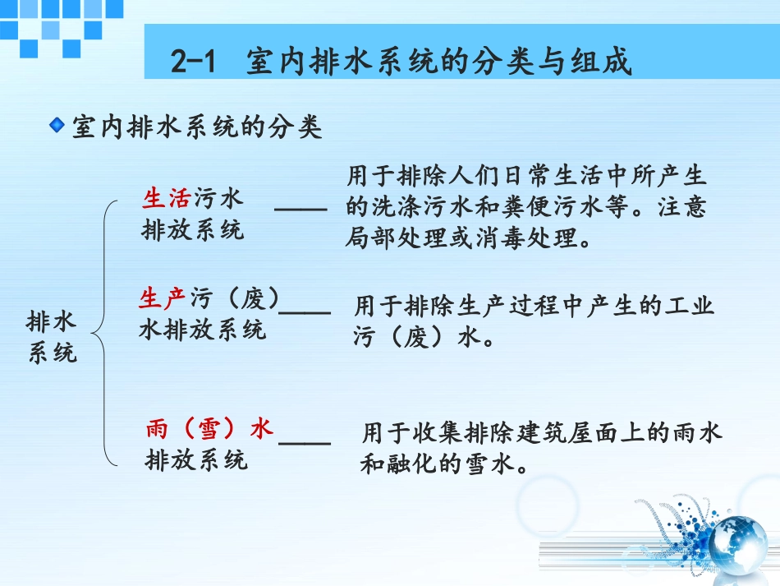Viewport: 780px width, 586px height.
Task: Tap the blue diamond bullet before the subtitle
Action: point(57,126)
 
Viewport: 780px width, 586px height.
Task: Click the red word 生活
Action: point(167,199)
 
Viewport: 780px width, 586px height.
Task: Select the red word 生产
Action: point(163,298)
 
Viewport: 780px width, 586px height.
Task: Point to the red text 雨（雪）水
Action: point(209,429)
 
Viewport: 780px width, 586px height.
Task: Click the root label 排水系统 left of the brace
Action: point(52,337)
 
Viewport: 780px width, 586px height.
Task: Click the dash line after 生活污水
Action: point(301,211)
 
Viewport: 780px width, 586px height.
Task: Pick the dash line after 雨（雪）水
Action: point(305,442)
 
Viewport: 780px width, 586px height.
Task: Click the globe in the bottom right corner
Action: point(736,546)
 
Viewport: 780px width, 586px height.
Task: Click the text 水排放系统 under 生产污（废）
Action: point(202,330)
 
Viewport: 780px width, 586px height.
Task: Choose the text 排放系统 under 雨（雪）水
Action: point(196,459)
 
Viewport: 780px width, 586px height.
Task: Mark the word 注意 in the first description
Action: point(681,207)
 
